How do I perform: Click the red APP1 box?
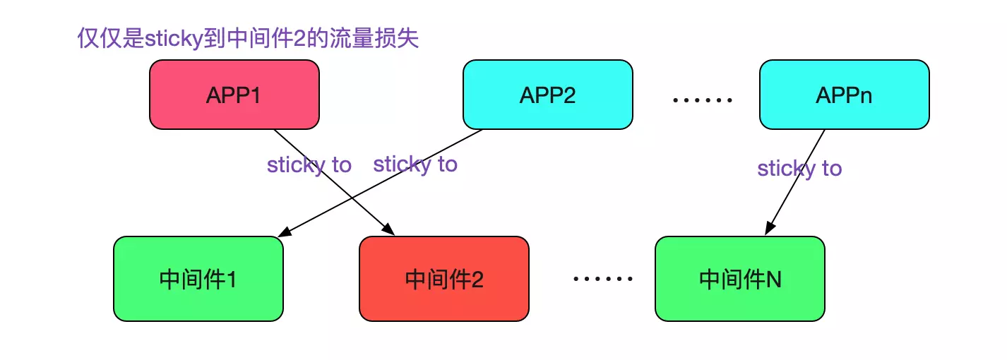(x=234, y=95)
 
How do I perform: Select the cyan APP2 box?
(x=547, y=95)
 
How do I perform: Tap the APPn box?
(x=844, y=95)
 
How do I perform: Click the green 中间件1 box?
(x=198, y=279)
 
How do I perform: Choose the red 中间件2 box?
(x=443, y=279)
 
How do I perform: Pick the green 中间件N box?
(x=739, y=279)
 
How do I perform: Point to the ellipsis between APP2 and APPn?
(x=702, y=100)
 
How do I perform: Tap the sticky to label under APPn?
(x=799, y=169)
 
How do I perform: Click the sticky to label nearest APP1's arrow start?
(x=309, y=165)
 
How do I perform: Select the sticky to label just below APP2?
(x=415, y=164)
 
